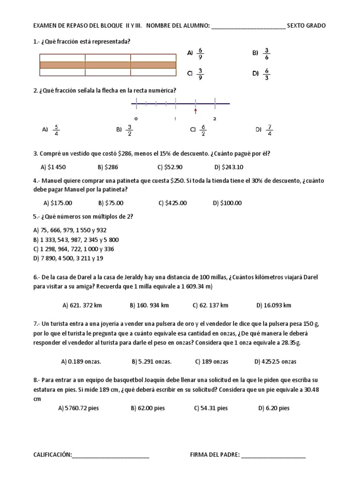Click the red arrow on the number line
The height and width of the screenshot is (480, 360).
(195, 111)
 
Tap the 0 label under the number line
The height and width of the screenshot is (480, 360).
(135, 119)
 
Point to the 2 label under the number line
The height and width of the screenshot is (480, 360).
(215, 119)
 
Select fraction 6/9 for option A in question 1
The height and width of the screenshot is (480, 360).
(201, 53)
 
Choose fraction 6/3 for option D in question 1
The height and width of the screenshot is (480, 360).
(267, 74)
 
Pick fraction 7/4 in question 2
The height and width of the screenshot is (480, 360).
(269, 130)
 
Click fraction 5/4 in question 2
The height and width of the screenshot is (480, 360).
(56, 130)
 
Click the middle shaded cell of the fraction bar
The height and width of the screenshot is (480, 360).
(107, 65)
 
